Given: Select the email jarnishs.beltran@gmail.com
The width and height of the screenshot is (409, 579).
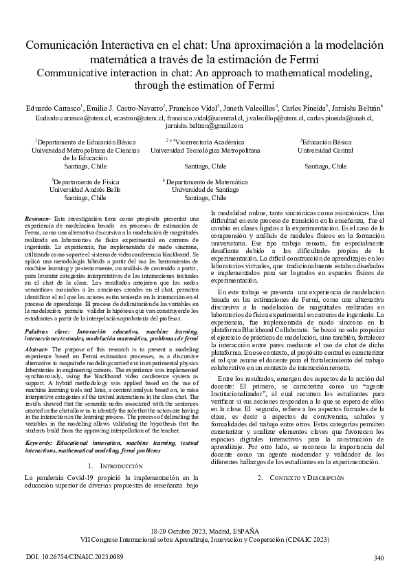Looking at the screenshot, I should click(204, 126).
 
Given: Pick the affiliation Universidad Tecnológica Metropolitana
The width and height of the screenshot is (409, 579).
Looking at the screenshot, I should click(204, 149).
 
